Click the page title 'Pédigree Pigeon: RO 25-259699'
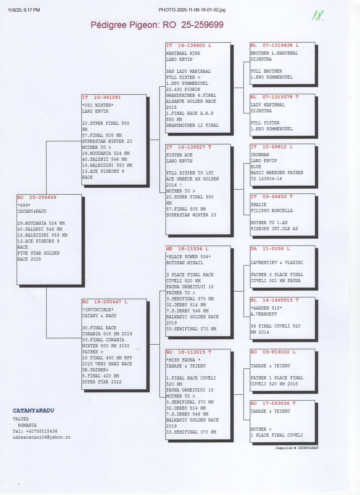pyautogui.click(x=157, y=25)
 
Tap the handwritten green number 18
pyautogui.click(x=318, y=16)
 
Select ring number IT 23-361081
pyautogui.click(x=101, y=97)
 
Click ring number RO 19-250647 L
pyautogui.click(x=105, y=302)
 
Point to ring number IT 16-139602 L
pyautogui.click(x=189, y=45)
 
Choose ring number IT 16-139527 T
pyautogui.click(x=189, y=147)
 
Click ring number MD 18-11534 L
pyautogui.click(x=187, y=249)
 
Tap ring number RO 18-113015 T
pyautogui.click(x=189, y=352)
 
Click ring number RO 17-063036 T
pyautogui.click(x=273, y=403)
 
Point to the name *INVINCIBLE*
pyautogui.click(x=98, y=310)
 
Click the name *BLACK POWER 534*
pyautogui.click(x=189, y=257)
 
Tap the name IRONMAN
pyautogui.click(x=260, y=155)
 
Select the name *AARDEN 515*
pyautogui.click(x=266, y=308)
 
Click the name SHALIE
pyautogui.click(x=258, y=205)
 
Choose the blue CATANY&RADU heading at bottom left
pyautogui.click(x=33, y=411)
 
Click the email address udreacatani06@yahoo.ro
pyautogui.click(x=42, y=437)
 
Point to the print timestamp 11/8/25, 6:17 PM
pyautogui.click(x=24, y=10)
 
